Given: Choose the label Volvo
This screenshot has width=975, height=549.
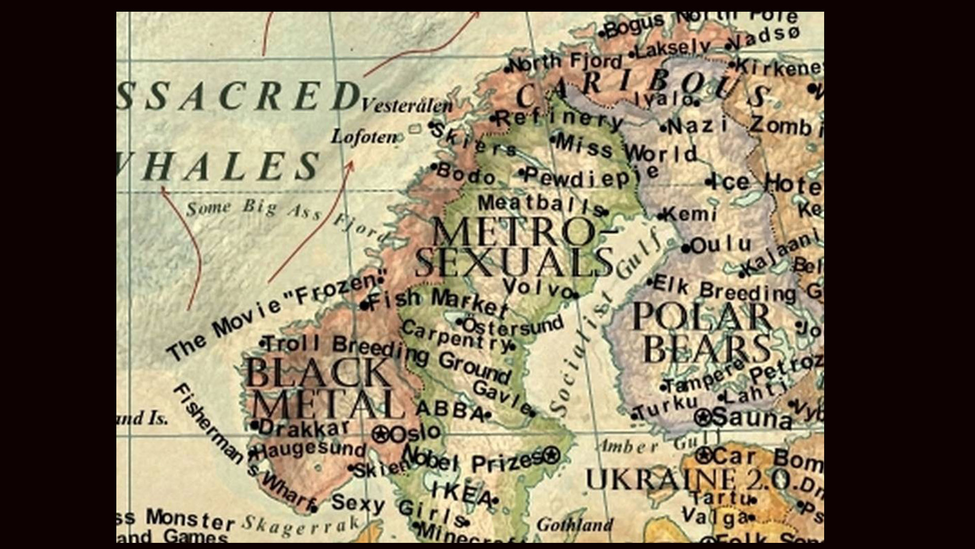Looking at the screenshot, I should point(538,288).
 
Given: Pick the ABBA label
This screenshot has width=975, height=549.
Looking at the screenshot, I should point(449,410).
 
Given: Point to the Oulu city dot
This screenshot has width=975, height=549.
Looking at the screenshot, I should point(686,249).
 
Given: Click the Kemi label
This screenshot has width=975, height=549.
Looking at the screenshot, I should point(691,214).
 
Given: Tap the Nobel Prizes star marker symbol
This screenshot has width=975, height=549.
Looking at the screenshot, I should point(551,454).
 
